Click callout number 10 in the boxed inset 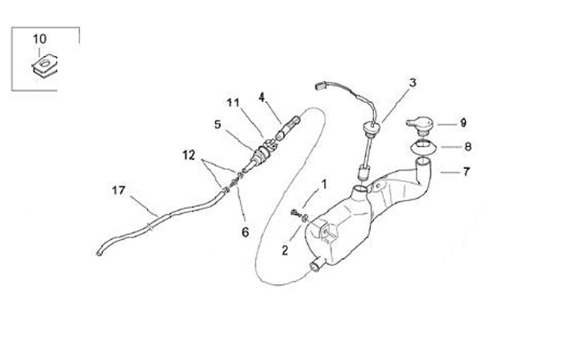click(x=40, y=39)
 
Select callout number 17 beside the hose click(x=118, y=191)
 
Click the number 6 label click(x=244, y=231)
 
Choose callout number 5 click(x=218, y=125)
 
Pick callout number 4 click(x=262, y=96)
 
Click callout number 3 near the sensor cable click(x=412, y=82)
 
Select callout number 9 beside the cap click(x=462, y=122)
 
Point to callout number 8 click(x=467, y=148)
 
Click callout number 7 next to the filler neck click(x=466, y=172)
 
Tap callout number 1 click(x=323, y=184)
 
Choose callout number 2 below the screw click(x=285, y=250)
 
